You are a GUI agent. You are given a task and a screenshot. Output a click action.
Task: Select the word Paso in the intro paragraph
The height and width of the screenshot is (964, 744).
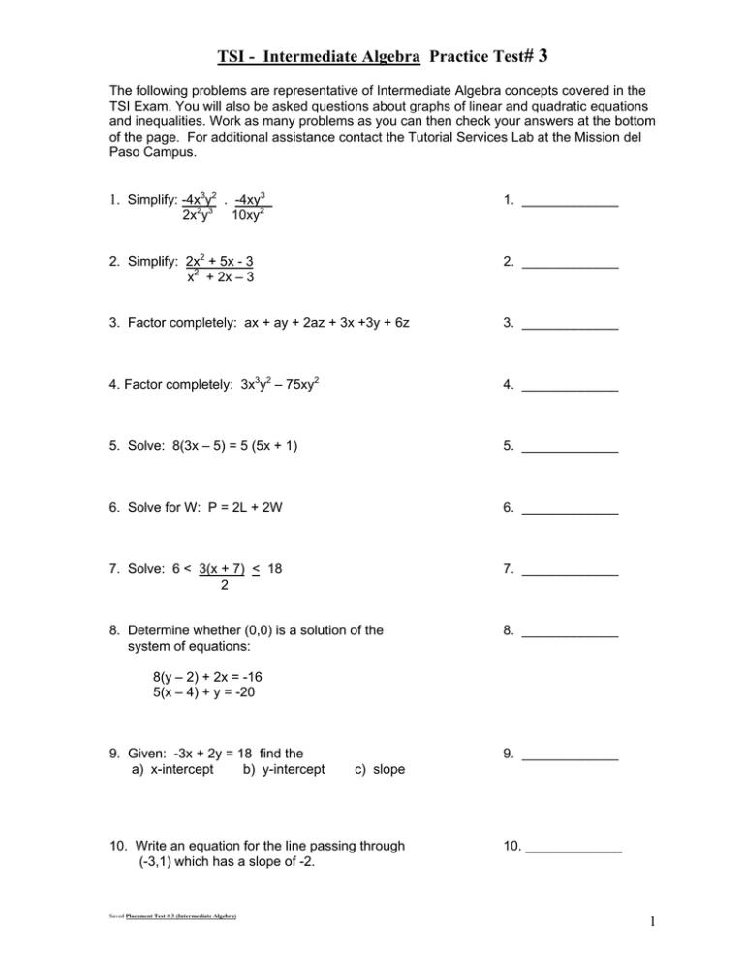pos(125,152)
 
